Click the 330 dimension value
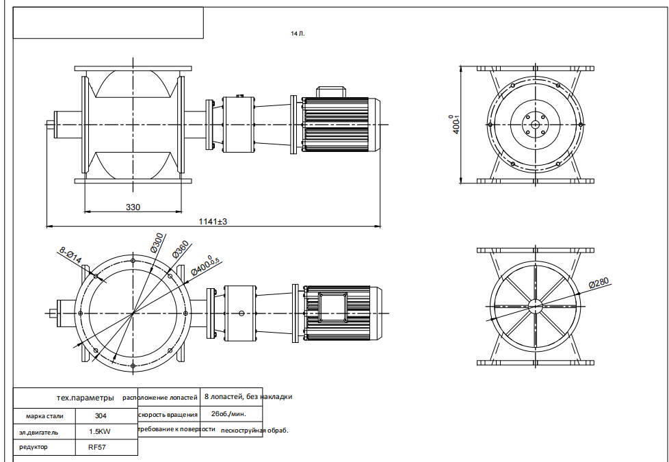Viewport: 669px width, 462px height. point(133,207)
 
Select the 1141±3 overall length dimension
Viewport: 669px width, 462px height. point(213,222)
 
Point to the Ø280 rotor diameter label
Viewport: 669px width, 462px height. point(599,283)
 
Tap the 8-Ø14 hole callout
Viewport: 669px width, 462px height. point(70,255)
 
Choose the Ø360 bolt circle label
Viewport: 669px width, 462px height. point(181,249)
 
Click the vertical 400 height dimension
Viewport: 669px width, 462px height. point(456,125)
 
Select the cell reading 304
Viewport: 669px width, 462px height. point(101,416)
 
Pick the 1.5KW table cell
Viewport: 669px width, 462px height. point(99,432)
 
